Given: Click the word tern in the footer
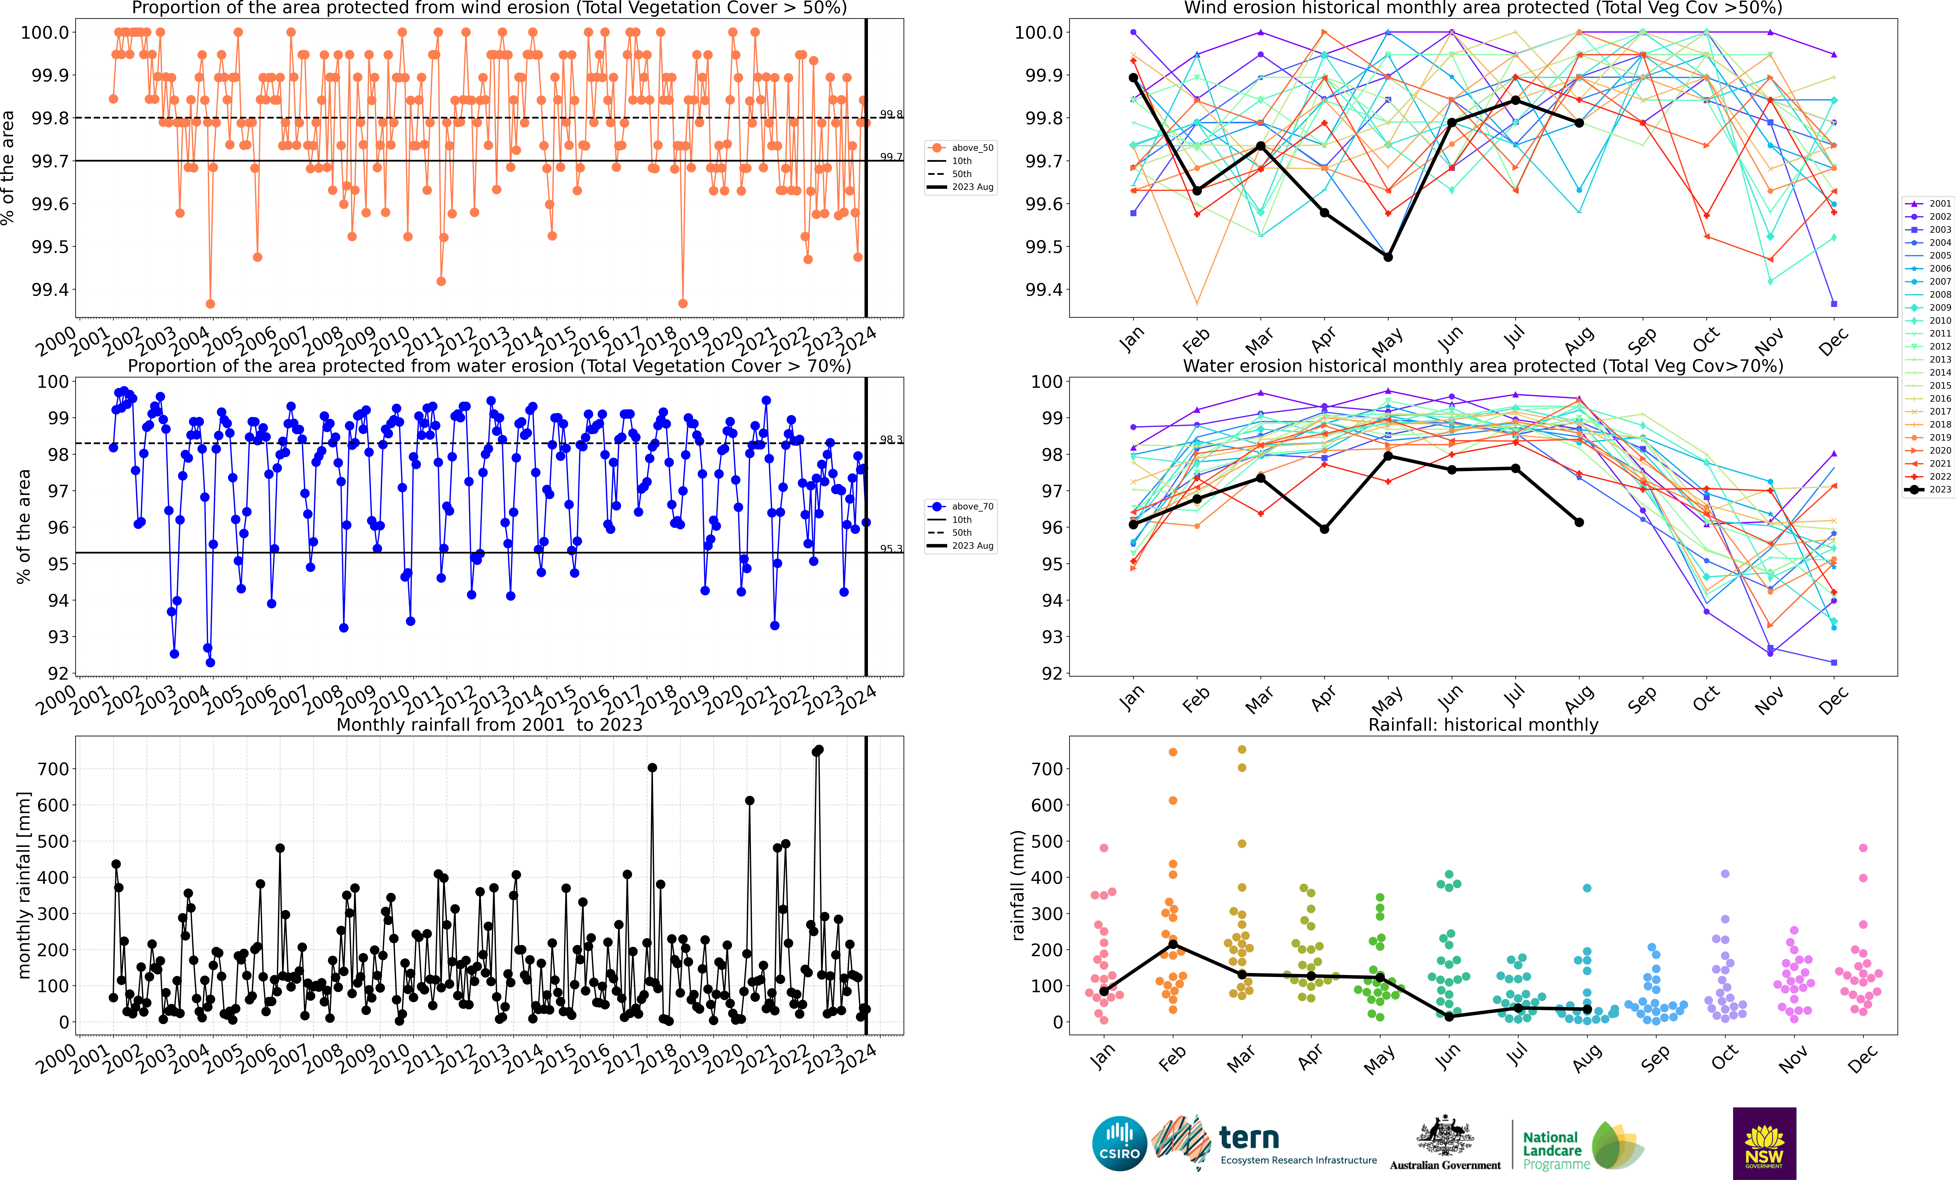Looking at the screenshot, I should pos(1249,1138).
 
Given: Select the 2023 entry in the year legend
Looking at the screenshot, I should pos(1939,490).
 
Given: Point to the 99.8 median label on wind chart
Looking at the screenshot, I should pos(890,114).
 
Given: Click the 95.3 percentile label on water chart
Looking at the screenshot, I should pos(890,548).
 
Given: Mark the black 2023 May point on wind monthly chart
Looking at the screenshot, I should pos(1388,257).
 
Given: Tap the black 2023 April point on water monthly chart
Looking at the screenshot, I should pos(1324,528).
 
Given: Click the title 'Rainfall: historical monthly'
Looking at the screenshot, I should pos(1483,725).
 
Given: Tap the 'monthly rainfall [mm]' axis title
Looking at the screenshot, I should pos(24,885).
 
